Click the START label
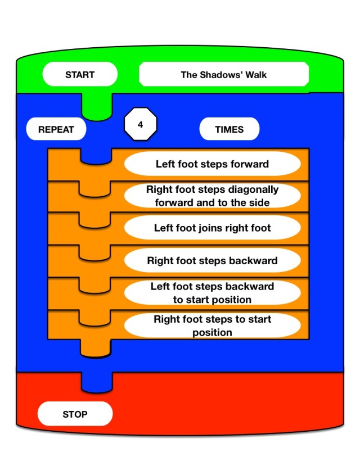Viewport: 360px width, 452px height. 80,74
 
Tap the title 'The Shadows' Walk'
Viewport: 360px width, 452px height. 224,74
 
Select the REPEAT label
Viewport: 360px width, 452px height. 56,129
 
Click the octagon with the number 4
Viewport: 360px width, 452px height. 140,125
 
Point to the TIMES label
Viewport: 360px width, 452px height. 229,129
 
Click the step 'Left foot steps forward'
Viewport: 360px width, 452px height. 212,164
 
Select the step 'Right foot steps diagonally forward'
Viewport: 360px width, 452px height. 212,196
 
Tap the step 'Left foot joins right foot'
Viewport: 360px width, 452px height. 212,228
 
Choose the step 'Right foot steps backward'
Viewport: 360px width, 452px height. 212,261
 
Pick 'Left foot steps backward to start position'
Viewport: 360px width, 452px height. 212,293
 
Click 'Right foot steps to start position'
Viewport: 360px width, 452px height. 212,326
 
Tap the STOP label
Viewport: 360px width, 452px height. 75,414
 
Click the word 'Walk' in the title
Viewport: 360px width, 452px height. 255,74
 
